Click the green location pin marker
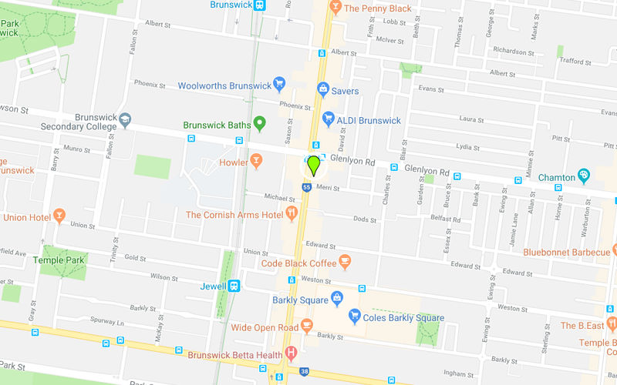pyautogui.click(x=314, y=165)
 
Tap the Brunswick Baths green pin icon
pyautogui.click(x=261, y=122)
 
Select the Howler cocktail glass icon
pyautogui.click(x=256, y=162)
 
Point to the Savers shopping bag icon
pyautogui.click(x=324, y=91)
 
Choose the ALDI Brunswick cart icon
pyautogui.click(x=328, y=120)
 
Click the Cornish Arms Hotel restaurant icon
pyautogui.click(x=292, y=213)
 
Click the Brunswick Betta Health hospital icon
pyautogui.click(x=291, y=354)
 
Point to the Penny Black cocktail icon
pyautogui.click(x=335, y=7)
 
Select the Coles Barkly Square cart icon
pyautogui.click(x=355, y=315)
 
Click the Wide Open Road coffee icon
pyautogui.click(x=307, y=326)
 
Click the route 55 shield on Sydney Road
pyautogui.click(x=306, y=187)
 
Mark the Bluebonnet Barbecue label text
pyautogui.click(x=566, y=252)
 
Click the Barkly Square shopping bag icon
pyautogui.click(x=338, y=298)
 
